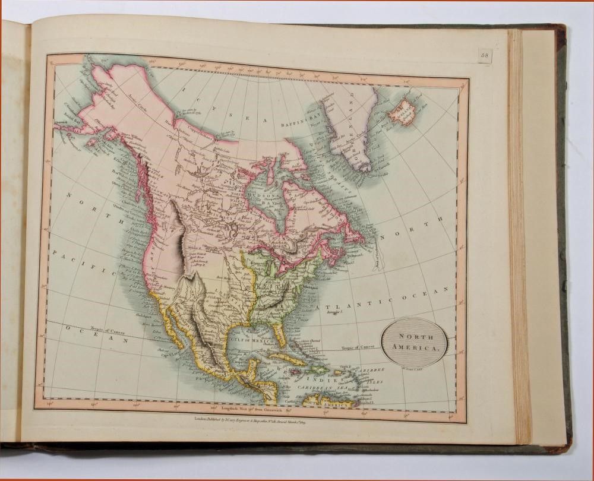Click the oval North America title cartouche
414,342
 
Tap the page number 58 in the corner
485,56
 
